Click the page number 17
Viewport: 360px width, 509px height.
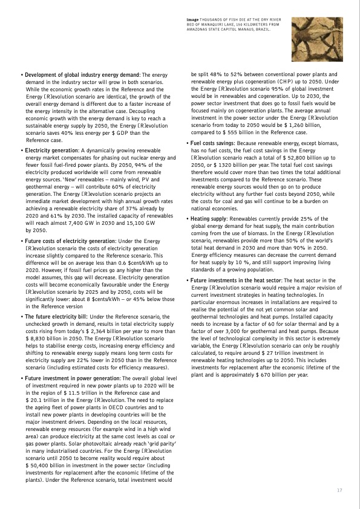[339, 490]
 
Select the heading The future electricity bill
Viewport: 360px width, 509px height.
[56, 316]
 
